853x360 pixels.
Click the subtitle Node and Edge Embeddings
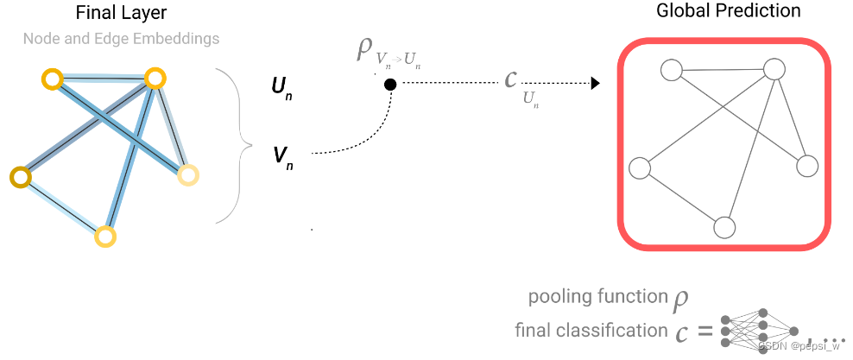pyautogui.click(x=121, y=39)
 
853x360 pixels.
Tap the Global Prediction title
pyautogui.click(x=728, y=11)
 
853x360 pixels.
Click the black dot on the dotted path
pyautogui.click(x=390, y=85)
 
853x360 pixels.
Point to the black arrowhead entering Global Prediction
pyautogui.click(x=594, y=84)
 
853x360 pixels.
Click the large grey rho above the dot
pyautogui.click(x=364, y=49)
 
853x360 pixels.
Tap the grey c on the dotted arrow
pyautogui.click(x=511, y=79)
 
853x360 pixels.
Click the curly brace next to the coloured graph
pyautogui.click(x=234, y=145)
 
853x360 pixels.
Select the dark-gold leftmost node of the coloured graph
pyautogui.click(x=19, y=178)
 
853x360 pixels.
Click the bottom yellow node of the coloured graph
pyautogui.click(x=104, y=236)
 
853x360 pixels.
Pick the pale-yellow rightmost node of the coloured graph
pyautogui.click(x=187, y=175)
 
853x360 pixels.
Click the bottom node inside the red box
pyautogui.click(x=724, y=227)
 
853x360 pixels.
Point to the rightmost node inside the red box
pyautogui.click(x=806, y=166)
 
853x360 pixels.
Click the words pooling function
pyautogui.click(x=598, y=297)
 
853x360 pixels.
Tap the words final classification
pyautogui.click(x=591, y=330)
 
